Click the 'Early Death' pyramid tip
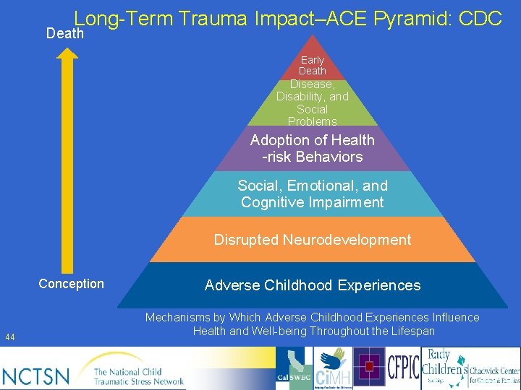(x=313, y=65)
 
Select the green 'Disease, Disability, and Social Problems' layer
(x=313, y=103)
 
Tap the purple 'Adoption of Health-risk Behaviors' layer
(x=313, y=148)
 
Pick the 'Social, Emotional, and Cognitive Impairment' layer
(x=313, y=194)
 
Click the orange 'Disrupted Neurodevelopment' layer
(x=313, y=240)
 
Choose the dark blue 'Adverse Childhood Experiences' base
(x=313, y=285)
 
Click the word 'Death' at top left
(x=65, y=33)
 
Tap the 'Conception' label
(x=71, y=284)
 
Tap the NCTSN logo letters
(x=36, y=376)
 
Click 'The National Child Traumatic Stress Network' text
(x=139, y=376)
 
